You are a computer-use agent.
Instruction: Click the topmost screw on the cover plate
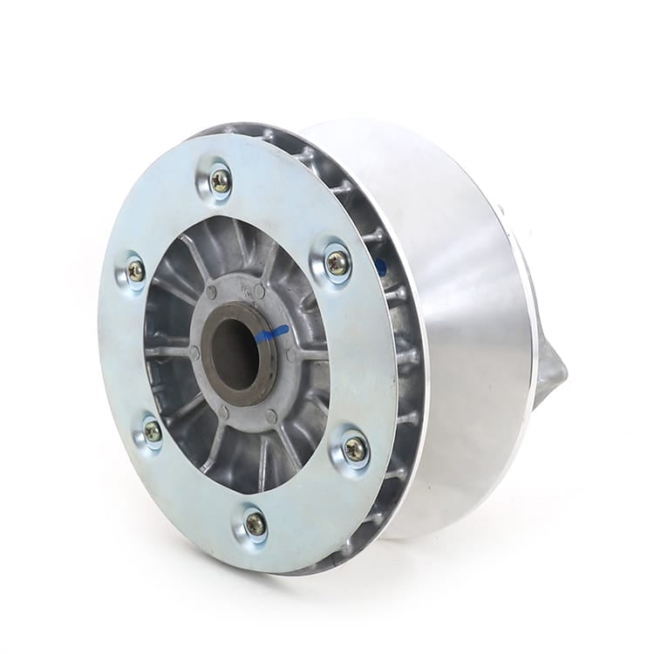221,181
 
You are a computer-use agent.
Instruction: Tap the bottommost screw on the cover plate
255,524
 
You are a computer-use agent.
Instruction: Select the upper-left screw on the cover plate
136,271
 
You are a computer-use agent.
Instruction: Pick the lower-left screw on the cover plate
153,431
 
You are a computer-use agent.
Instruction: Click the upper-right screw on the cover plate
337,262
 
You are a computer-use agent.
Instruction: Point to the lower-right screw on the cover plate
354,450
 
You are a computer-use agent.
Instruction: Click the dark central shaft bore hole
233,353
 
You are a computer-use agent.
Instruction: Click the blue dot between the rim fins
381,266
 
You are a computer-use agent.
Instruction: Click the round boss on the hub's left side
194,352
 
